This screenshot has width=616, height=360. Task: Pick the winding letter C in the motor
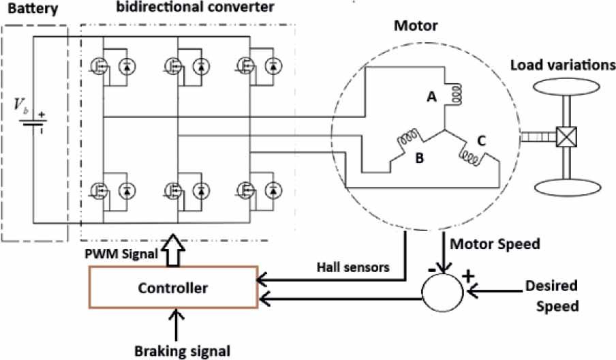coord(481,142)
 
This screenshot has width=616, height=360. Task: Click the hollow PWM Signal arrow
coord(170,252)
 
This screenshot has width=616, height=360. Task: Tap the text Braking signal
coord(178,350)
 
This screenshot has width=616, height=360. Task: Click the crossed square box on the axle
coord(564,137)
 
